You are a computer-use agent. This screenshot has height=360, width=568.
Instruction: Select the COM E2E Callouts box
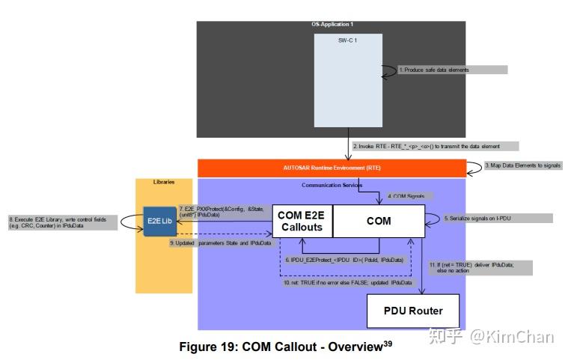[x=302, y=222]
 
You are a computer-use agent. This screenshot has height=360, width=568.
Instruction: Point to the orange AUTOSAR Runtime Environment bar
[x=331, y=168]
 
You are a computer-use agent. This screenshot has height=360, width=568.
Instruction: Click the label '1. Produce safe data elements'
[x=452, y=70]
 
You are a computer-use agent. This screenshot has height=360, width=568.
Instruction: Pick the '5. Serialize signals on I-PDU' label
[x=497, y=219]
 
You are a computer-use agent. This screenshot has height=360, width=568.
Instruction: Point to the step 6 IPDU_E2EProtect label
[x=346, y=260]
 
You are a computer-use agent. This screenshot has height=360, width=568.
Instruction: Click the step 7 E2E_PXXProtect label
[x=223, y=211]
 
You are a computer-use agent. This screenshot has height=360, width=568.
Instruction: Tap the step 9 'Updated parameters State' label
[x=220, y=243]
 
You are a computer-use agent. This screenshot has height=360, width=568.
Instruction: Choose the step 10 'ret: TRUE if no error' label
[x=347, y=282]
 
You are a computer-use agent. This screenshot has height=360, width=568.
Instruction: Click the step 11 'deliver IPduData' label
[x=480, y=267]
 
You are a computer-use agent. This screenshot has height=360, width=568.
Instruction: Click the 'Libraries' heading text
[x=165, y=182]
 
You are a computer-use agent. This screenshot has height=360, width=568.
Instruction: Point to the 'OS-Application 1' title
[x=332, y=25]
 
